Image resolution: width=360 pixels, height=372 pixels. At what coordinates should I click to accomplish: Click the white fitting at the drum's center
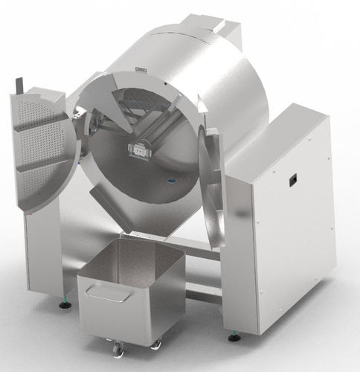pyautogui.click(x=138, y=150)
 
